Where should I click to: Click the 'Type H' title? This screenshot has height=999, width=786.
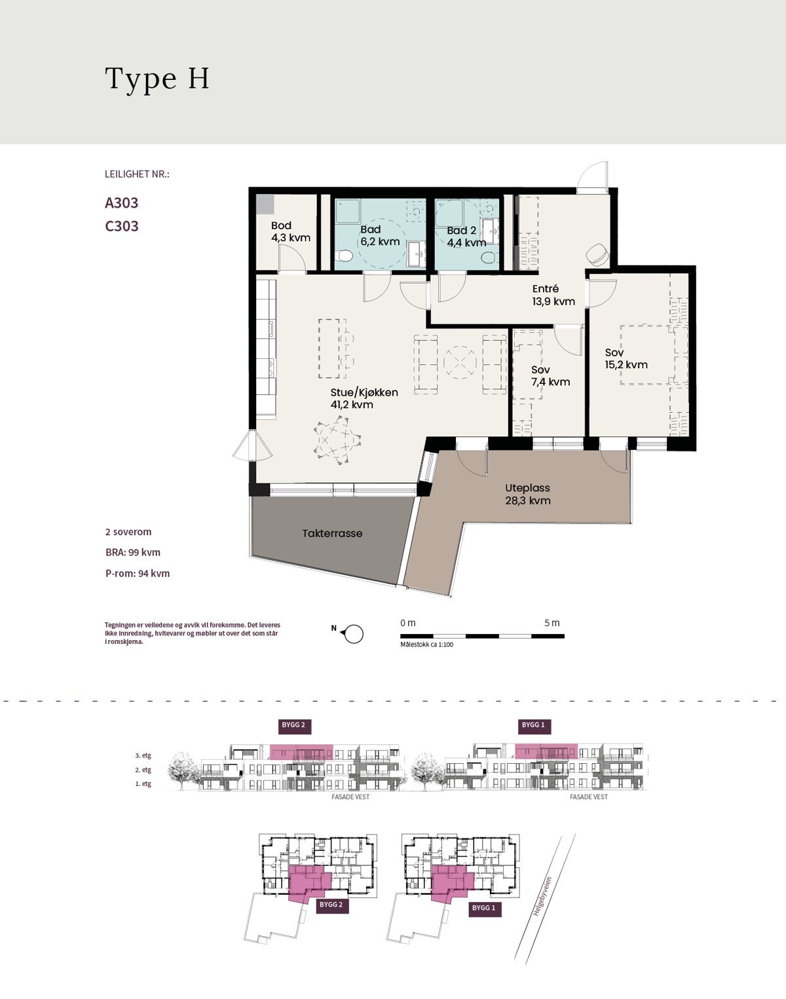click(157, 79)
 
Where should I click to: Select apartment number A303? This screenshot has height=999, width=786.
click(122, 203)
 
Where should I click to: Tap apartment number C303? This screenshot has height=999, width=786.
click(122, 226)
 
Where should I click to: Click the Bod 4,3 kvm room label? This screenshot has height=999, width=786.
click(291, 232)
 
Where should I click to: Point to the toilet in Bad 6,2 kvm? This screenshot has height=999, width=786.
click(345, 255)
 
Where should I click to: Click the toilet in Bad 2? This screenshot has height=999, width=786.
click(488, 257)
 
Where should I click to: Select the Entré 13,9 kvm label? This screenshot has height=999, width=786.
click(553, 295)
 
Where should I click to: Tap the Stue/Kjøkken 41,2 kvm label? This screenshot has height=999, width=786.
click(364, 398)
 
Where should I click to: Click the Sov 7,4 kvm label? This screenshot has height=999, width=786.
click(550, 376)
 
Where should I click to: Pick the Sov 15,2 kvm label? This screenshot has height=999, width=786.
click(626, 358)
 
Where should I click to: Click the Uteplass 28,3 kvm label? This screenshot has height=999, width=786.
click(528, 495)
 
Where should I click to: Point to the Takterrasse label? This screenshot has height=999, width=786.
click(333, 533)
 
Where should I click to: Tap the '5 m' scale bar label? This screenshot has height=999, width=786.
click(552, 623)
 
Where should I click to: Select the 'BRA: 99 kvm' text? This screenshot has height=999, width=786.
click(133, 552)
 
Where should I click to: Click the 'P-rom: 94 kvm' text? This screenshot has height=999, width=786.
click(138, 573)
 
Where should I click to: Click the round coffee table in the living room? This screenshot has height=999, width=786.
click(460, 362)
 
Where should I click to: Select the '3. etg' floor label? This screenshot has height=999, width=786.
click(143, 756)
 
